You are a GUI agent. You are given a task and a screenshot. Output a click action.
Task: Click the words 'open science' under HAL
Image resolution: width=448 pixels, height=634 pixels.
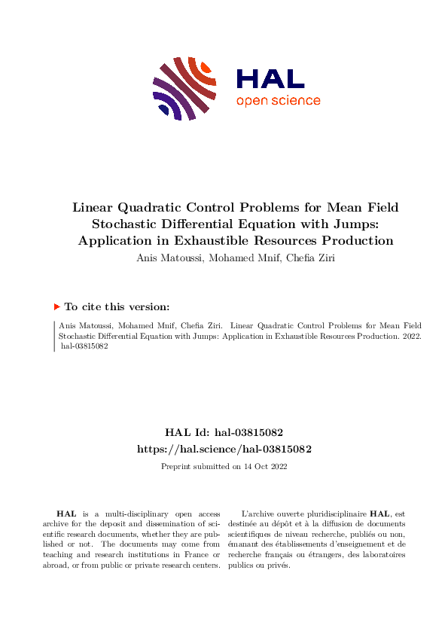point(278,101)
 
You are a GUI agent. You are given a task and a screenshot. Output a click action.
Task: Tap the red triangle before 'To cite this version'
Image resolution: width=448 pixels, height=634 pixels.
point(56,307)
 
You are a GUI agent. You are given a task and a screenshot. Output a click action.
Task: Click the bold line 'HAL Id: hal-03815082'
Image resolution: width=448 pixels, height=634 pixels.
point(224,432)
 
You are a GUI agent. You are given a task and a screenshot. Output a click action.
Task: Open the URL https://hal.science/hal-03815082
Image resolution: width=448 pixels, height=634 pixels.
point(224,449)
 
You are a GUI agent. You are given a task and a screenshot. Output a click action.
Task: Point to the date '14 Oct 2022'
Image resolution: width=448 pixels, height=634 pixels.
point(264,467)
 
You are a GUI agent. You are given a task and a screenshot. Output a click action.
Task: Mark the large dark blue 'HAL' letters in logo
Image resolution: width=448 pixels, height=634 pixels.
point(270,79)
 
